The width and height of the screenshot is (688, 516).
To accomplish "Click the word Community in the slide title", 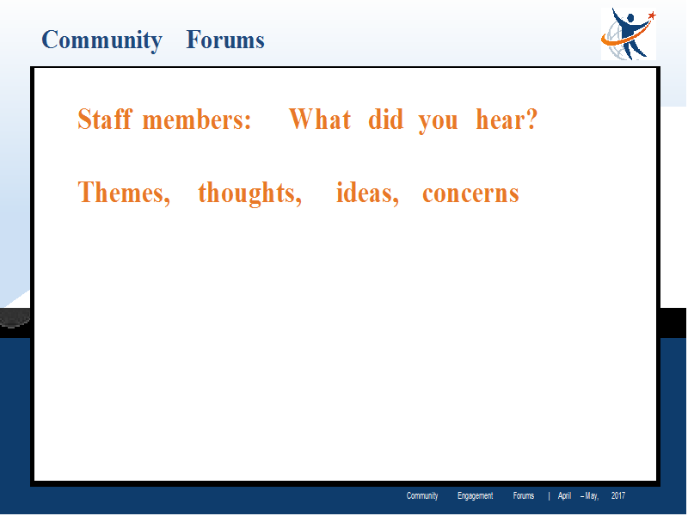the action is [x=101, y=40].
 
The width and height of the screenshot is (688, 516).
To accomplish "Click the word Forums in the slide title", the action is [x=225, y=40].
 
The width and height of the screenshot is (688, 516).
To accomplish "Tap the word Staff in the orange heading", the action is [x=104, y=119].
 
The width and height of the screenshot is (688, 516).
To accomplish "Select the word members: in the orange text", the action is [x=197, y=120].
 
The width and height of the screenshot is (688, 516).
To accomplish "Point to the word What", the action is [x=320, y=119].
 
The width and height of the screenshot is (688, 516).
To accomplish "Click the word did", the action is [x=385, y=119].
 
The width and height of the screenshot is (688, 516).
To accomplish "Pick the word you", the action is [x=438, y=122].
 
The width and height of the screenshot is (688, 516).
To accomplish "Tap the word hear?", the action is [x=507, y=119].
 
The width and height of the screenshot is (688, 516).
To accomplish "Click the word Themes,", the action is [x=124, y=193].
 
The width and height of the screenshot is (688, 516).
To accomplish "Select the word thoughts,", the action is [x=249, y=194].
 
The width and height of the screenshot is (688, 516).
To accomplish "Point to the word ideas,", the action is [x=367, y=193].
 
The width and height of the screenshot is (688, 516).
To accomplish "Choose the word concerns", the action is [x=470, y=195].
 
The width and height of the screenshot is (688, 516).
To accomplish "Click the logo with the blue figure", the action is [x=629, y=34].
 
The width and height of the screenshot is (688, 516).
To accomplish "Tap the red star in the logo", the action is [x=652, y=15].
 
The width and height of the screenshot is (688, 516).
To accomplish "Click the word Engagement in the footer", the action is [x=476, y=496].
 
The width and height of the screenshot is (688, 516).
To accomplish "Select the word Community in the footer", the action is [x=422, y=496].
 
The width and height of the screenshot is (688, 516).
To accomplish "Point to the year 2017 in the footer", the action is [x=618, y=496].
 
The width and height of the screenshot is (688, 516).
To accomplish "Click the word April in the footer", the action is [x=564, y=496].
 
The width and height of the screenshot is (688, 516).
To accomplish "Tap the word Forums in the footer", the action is [x=524, y=496].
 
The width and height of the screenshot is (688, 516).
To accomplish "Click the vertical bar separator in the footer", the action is [x=549, y=496].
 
